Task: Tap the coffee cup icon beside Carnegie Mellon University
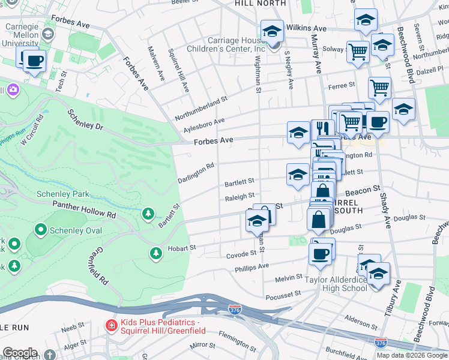pyautogui.click(x=34, y=61)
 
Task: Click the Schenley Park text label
pyautogui.click(x=63, y=194)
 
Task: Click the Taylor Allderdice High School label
pyautogui.click(x=327, y=283)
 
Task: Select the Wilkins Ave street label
pyautogui.click(x=306, y=28)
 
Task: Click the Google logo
pyautogui.click(x=20, y=353)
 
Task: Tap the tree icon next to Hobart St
pyautogui.click(x=156, y=254)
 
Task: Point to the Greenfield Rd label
pyautogui.click(x=100, y=267)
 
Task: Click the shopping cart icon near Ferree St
pyautogui.click(x=379, y=88)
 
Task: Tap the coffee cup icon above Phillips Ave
pyautogui.click(x=321, y=252)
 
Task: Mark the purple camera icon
pyautogui.click(x=12, y=90)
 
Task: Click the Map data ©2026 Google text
pyautogui.click(x=411, y=355)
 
